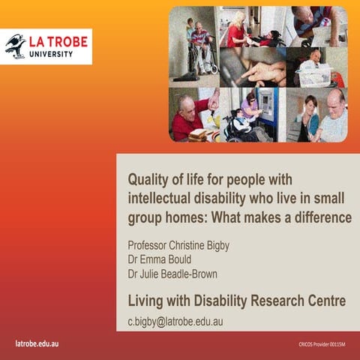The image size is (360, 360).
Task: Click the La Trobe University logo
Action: (47, 46)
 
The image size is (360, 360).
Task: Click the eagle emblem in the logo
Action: (16, 46)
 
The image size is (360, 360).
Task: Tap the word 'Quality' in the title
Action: (147, 179)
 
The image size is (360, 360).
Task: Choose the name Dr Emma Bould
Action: (160, 259)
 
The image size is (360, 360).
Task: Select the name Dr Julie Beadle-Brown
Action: (172, 274)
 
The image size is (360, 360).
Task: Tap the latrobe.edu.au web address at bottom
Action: (37, 344)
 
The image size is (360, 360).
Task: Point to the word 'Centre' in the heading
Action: (323, 301)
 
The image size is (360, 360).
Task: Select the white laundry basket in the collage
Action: (315, 74)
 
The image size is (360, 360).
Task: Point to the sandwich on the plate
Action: (199, 133)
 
